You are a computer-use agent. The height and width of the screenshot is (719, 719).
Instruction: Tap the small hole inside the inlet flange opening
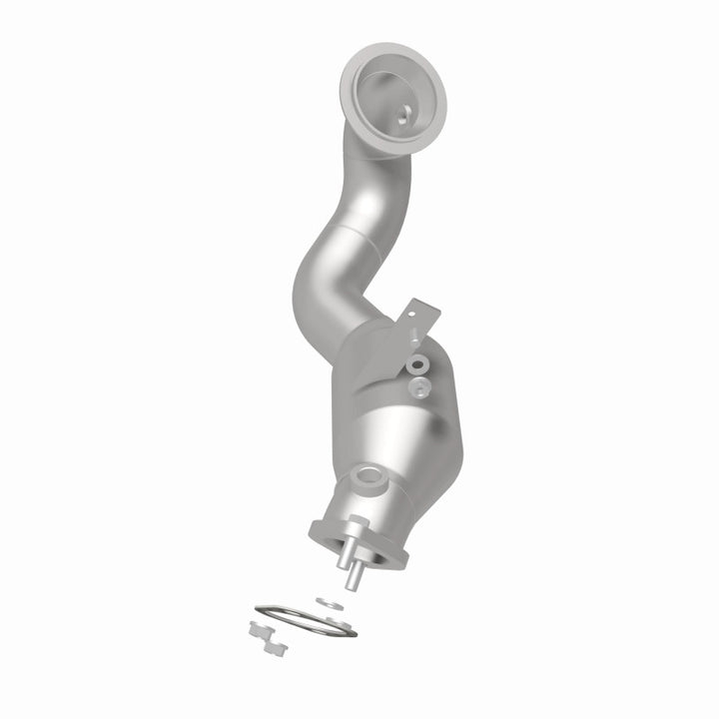click(401, 117)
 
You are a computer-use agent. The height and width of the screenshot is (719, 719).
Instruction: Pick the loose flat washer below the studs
click(327, 602)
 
